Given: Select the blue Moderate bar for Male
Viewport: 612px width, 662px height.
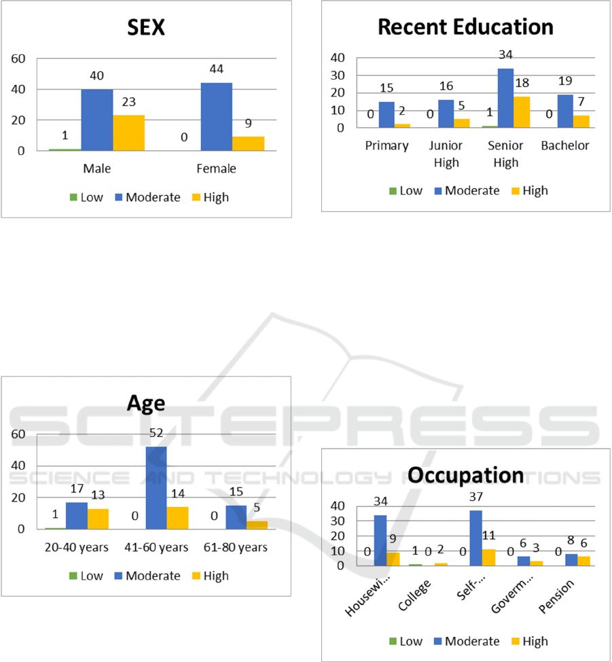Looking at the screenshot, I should point(97,120).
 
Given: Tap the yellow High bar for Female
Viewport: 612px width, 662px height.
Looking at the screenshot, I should point(248,143).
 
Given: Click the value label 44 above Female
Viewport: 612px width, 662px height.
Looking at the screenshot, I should point(216,71).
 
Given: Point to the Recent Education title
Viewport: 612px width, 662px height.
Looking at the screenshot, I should point(465,27).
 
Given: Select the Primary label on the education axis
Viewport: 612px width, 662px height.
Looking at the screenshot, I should point(386,146).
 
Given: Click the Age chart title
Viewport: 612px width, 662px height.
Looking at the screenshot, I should point(146,404).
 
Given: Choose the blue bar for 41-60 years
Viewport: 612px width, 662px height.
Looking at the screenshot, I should point(156,487).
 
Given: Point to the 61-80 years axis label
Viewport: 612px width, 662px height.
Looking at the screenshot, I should point(236,547).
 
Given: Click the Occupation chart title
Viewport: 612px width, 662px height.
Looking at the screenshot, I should point(465,474).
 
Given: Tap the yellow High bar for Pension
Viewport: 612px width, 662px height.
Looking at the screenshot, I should point(584,561).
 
